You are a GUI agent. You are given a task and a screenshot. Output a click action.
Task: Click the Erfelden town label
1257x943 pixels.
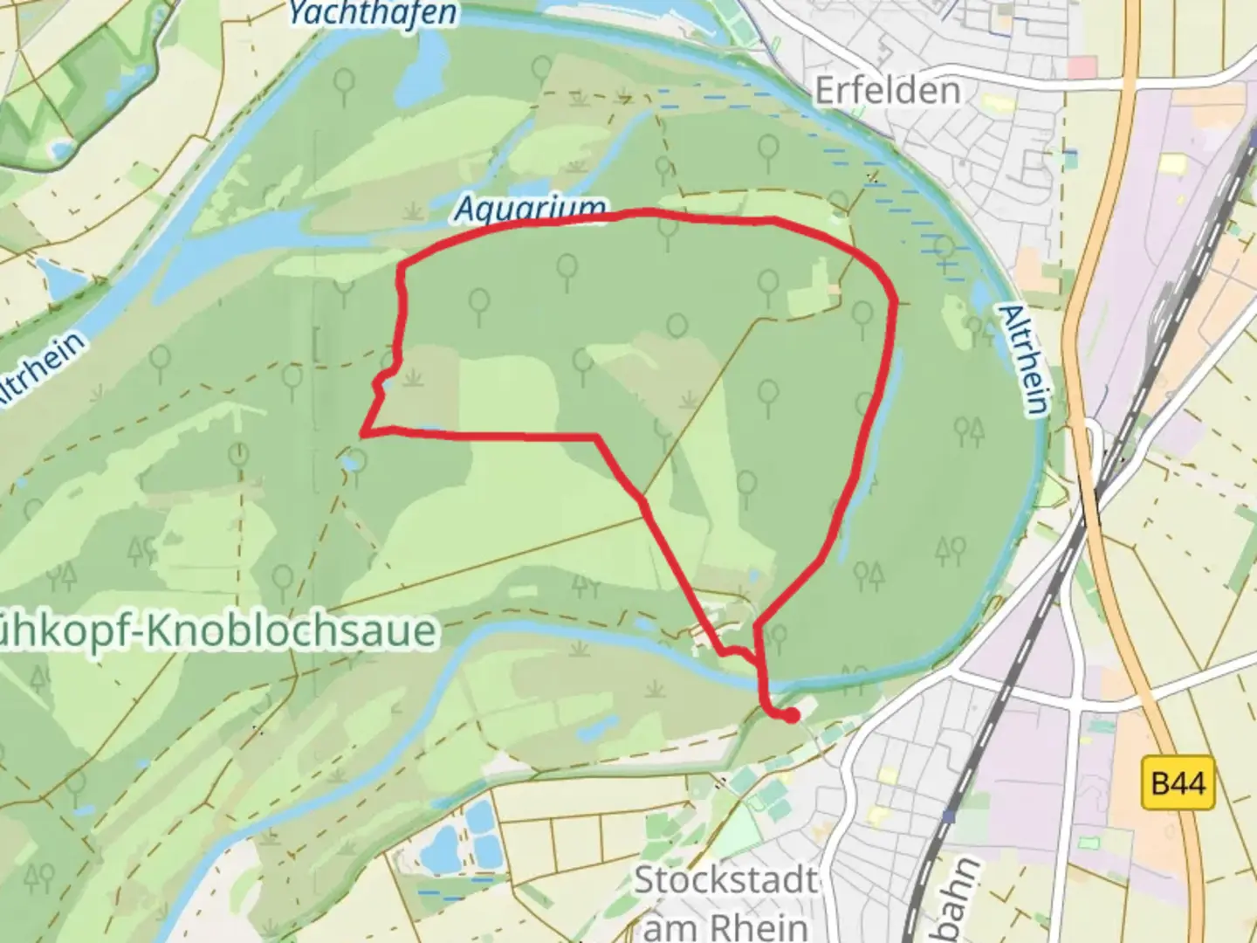[x=887, y=90]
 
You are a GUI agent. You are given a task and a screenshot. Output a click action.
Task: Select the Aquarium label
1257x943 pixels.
[x=531, y=210]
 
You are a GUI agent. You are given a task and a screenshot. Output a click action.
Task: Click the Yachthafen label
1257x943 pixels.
[x=372, y=12]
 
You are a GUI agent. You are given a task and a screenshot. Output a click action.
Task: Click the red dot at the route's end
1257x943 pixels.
[x=791, y=716]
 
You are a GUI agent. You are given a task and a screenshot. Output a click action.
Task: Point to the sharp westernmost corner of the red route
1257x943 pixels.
[x=362, y=432]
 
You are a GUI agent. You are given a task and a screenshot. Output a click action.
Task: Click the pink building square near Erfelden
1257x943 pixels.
[x=1082, y=67]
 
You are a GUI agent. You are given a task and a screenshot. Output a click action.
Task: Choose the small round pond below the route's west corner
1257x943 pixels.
[x=354, y=459]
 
